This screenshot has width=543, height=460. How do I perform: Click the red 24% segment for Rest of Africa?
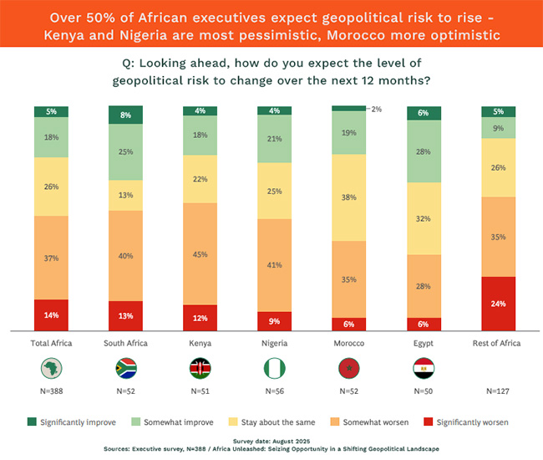point(498,304)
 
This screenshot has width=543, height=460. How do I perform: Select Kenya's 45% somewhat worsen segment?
point(200,253)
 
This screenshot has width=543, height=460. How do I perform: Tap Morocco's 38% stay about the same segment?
point(348,197)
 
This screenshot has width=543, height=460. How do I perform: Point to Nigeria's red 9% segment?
point(274,321)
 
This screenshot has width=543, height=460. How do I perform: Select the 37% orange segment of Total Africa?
point(51,258)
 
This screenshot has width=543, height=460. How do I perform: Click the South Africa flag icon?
point(125,368)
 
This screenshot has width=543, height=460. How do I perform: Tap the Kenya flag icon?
point(200,368)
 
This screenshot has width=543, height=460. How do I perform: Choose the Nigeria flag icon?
point(274,368)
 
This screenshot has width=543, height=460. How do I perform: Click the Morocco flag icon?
point(348,368)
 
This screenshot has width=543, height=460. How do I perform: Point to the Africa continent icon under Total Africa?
point(51,368)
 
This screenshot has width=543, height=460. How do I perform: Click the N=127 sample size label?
point(498,391)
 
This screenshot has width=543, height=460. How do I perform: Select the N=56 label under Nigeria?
point(274,391)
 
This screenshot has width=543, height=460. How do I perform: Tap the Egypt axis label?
point(424,343)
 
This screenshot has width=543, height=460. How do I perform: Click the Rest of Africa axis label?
point(498,343)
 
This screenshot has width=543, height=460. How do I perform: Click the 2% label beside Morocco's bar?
point(376,109)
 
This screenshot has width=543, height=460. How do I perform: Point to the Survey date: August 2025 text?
point(271,441)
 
